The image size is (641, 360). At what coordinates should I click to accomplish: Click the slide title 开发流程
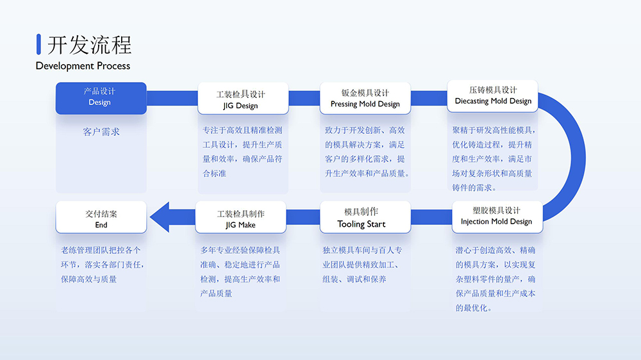(89, 45)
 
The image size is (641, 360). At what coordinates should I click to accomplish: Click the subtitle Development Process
(83, 65)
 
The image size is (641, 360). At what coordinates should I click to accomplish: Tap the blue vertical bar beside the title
(39, 44)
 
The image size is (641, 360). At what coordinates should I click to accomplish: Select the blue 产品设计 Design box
(101, 97)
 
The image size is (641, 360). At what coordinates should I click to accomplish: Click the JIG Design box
(242, 99)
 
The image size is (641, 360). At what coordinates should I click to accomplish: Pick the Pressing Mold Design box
(365, 98)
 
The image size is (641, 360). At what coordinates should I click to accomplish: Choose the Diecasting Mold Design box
(492, 95)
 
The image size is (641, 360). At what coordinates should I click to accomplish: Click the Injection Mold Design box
(497, 217)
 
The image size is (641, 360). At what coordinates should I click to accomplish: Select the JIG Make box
(240, 219)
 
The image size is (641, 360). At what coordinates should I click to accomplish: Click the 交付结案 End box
(101, 218)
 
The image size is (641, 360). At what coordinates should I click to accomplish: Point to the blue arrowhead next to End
(160, 217)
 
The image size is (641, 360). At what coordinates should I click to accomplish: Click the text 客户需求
(101, 132)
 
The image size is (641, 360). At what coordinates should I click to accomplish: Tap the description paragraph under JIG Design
(242, 151)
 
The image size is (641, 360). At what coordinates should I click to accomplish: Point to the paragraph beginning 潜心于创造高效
(495, 279)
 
